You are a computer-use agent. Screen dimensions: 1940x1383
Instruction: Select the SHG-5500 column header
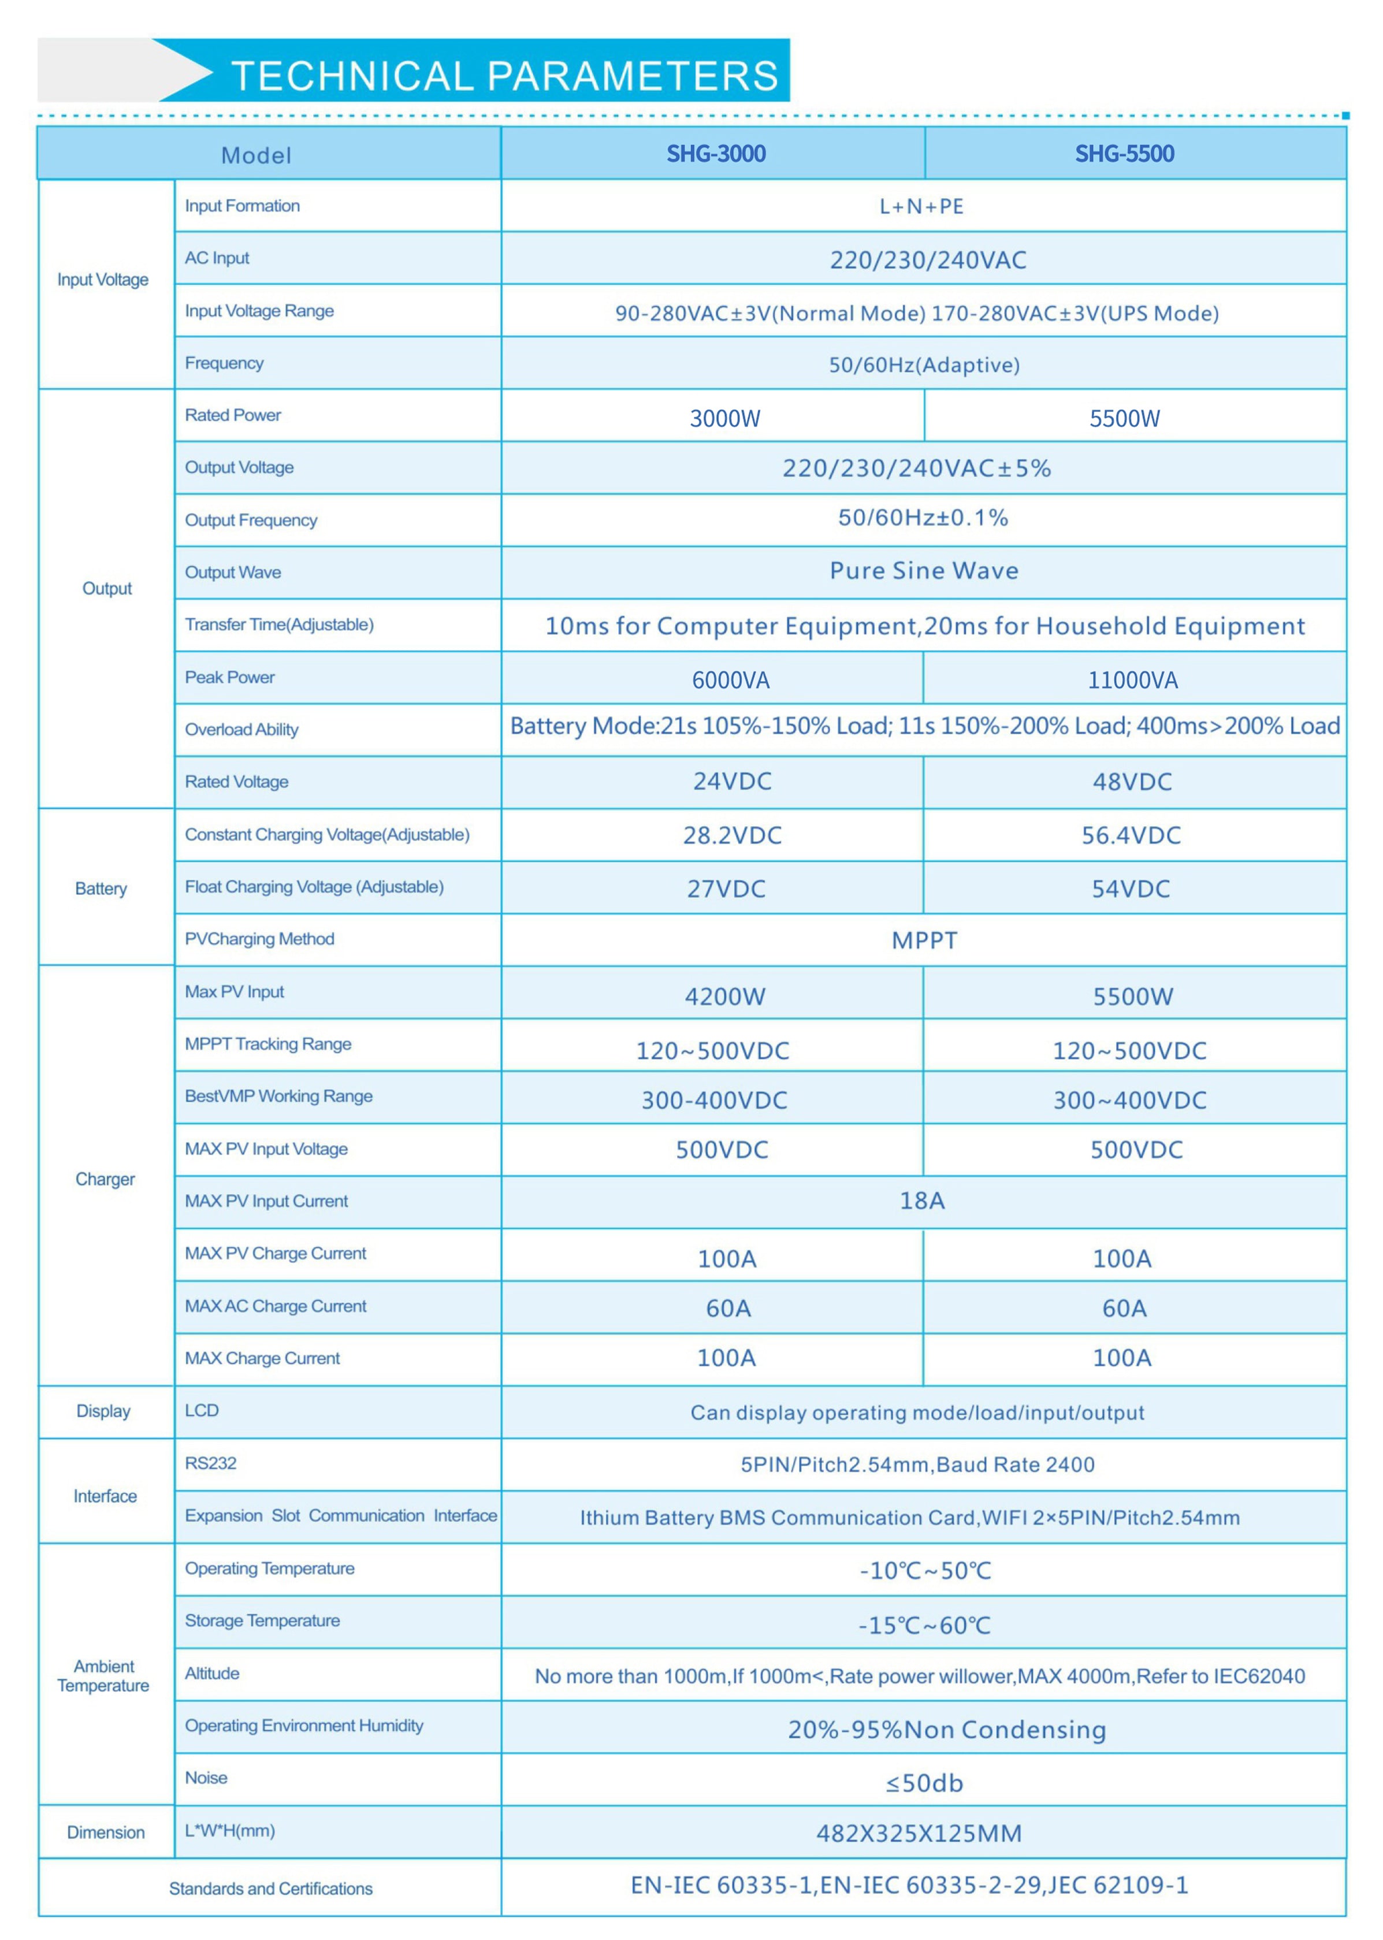pos(1124,154)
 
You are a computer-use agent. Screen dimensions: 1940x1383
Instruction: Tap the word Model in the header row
pos(255,155)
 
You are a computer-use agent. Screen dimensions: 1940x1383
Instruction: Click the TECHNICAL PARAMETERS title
pos(504,75)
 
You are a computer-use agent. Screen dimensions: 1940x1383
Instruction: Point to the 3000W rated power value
pos(724,418)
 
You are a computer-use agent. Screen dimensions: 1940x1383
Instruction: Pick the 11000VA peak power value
pos(1133,679)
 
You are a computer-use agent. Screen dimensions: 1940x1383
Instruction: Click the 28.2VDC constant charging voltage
pos(731,835)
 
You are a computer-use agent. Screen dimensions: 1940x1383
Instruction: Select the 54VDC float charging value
pos(1131,888)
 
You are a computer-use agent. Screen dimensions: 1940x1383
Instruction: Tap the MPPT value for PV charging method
pos(924,940)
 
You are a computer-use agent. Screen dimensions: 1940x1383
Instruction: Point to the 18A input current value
pos(922,1200)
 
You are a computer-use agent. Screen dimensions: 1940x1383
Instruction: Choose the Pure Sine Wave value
pos(924,571)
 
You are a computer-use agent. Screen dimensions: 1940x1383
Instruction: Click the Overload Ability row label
pos(242,729)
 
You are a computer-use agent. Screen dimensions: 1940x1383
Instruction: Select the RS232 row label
pos(210,1463)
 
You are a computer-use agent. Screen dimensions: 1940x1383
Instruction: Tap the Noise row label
pos(206,1777)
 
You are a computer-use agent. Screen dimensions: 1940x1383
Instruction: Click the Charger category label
pos(105,1179)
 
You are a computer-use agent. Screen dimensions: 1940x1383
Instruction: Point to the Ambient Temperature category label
pos(103,1675)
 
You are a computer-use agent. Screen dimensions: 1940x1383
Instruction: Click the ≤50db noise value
pos(924,1782)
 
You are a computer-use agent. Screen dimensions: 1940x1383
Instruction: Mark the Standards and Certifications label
pos(271,1888)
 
